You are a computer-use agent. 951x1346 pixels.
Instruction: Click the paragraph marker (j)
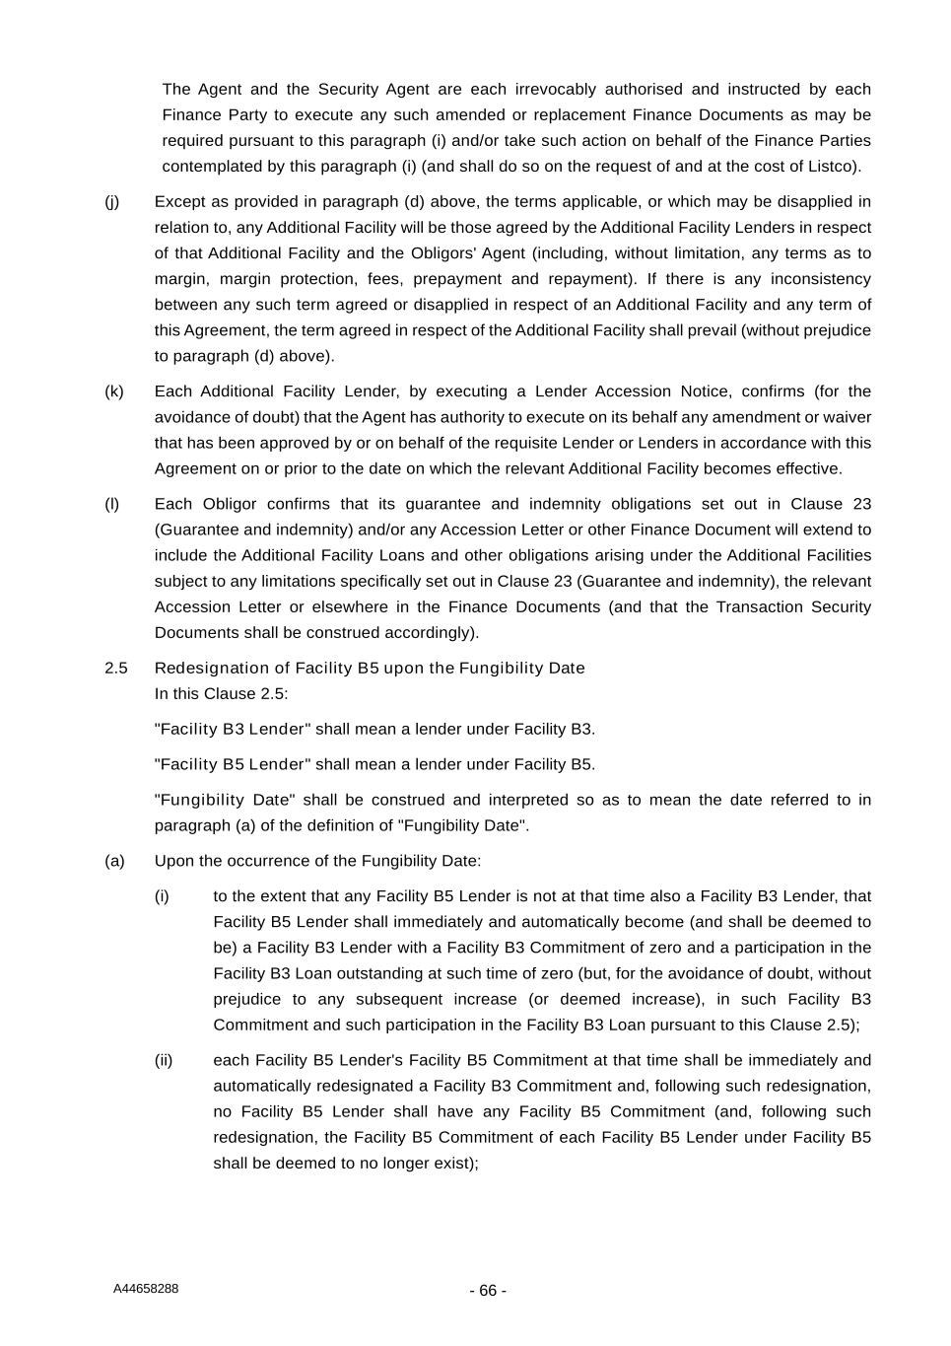point(111,202)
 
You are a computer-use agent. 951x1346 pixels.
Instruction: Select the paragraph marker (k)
point(113,391)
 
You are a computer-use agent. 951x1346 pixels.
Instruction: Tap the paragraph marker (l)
point(111,504)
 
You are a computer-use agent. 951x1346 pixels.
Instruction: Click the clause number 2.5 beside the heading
point(115,668)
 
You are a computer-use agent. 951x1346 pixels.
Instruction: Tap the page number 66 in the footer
point(488,1291)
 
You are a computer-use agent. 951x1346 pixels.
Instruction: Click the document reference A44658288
point(146,1289)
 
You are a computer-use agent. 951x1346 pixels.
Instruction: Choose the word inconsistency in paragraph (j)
point(820,279)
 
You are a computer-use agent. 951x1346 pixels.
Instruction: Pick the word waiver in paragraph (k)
point(849,417)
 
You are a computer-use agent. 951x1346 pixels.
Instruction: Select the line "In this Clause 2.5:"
point(222,693)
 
